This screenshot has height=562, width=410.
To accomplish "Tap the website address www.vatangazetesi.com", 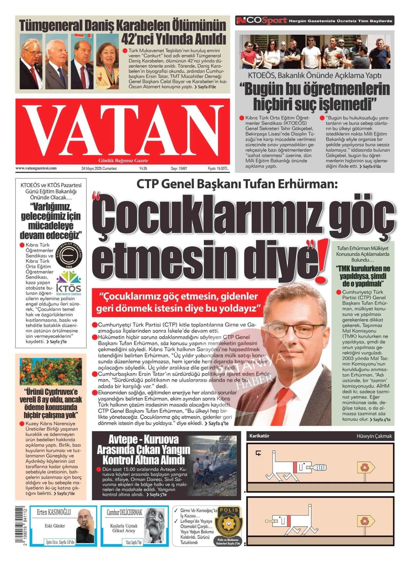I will tap(36, 168).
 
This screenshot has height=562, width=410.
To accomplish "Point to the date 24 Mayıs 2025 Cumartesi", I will tap(99, 169).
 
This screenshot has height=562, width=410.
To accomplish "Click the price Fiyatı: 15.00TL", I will tap(218, 169).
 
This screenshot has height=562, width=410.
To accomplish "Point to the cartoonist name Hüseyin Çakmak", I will tap(374, 436).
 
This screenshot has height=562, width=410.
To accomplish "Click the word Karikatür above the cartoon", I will tap(259, 436).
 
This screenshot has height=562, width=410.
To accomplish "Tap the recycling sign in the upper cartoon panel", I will tap(365, 467).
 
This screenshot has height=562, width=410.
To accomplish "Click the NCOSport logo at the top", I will tap(261, 21).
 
